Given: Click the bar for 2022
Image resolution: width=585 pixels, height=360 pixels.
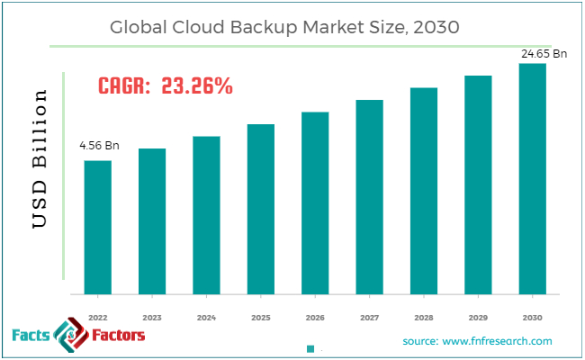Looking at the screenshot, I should click(98, 227).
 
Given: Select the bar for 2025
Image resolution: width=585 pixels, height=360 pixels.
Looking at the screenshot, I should click(260, 209).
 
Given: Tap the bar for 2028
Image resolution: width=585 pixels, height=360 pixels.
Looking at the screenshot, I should click(423, 191).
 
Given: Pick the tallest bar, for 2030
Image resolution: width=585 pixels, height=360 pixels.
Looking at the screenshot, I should click(532, 178).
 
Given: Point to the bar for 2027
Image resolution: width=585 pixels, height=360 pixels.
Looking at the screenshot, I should click(369, 197).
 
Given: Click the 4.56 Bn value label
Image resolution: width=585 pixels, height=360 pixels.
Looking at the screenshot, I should click(98, 145).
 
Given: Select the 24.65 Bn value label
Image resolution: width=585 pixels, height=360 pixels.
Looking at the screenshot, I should click(544, 54).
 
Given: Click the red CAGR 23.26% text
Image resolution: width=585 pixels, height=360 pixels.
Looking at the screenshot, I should click(165, 87).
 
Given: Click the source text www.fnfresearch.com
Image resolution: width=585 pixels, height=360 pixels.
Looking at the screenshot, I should click(477, 341).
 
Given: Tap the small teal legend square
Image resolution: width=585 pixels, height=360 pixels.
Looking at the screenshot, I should click(310, 348).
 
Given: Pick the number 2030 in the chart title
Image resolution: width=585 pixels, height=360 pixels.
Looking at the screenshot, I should click(436, 27).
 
